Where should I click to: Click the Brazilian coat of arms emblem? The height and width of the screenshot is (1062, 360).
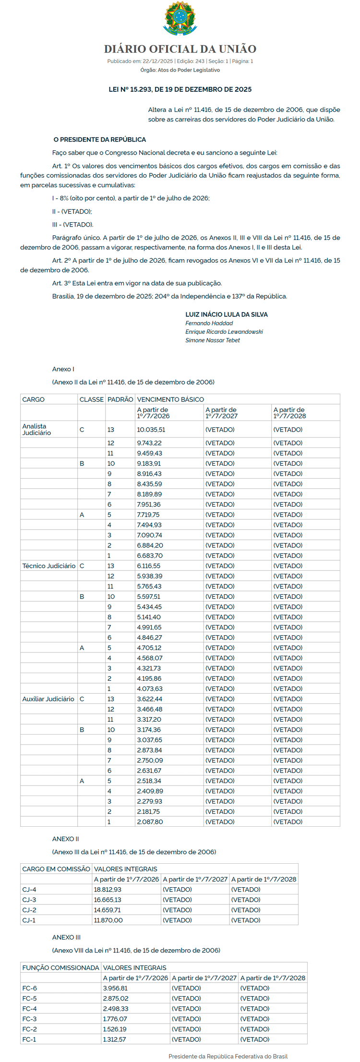[180, 18]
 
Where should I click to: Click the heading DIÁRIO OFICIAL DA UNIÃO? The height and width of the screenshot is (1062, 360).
[180, 49]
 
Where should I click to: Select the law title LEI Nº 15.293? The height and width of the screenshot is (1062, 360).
[180, 89]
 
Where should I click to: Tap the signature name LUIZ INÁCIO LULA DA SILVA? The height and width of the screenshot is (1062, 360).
[227, 314]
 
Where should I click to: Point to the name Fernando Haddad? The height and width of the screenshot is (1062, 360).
[209, 323]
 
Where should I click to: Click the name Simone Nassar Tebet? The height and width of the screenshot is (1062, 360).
[213, 340]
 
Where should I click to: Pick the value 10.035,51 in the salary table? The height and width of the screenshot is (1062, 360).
[151, 430]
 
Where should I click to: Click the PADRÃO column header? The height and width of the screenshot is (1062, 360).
[120, 399]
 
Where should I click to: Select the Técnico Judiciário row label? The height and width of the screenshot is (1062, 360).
[49, 566]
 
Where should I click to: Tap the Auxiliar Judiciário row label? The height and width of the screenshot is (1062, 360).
[48, 699]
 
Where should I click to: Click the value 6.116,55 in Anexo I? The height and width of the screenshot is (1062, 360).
[149, 566]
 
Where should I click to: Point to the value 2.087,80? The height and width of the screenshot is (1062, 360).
[150, 822]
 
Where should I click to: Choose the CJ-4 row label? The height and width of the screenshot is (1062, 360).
[29, 890]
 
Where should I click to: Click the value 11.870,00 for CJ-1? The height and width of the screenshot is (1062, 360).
[108, 920]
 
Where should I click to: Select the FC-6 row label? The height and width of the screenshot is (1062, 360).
[29, 988]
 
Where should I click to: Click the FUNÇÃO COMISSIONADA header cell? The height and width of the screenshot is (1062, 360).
[60, 968]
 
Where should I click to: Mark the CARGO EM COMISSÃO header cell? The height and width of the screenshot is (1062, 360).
[56, 869]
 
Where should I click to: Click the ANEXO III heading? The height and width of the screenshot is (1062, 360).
[66, 937]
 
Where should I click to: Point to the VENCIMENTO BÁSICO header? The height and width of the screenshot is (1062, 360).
[170, 399]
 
